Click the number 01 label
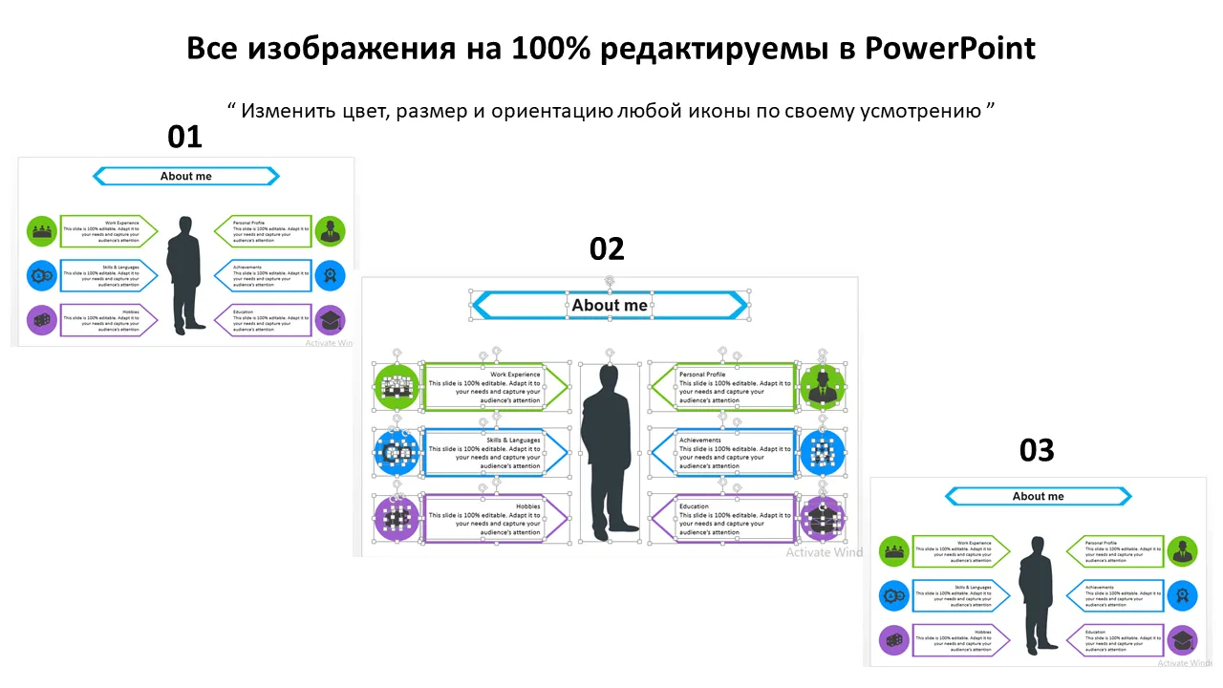tap(184, 137)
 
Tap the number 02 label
tap(607, 248)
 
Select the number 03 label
tap(1036, 449)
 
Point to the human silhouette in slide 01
tap(184, 273)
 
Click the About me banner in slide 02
tap(610, 306)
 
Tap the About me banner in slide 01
tap(186, 176)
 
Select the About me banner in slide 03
tap(1038, 496)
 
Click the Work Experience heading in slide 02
tap(515, 375)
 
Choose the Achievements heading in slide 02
tap(700, 441)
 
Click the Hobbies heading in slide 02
tap(527, 506)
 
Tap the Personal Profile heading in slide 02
tap(702, 375)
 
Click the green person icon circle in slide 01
tap(330, 231)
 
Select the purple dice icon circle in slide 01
tap(42, 320)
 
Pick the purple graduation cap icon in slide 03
tap(1182, 640)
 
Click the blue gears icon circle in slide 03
tap(894, 595)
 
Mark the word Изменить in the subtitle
tap(277, 110)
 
